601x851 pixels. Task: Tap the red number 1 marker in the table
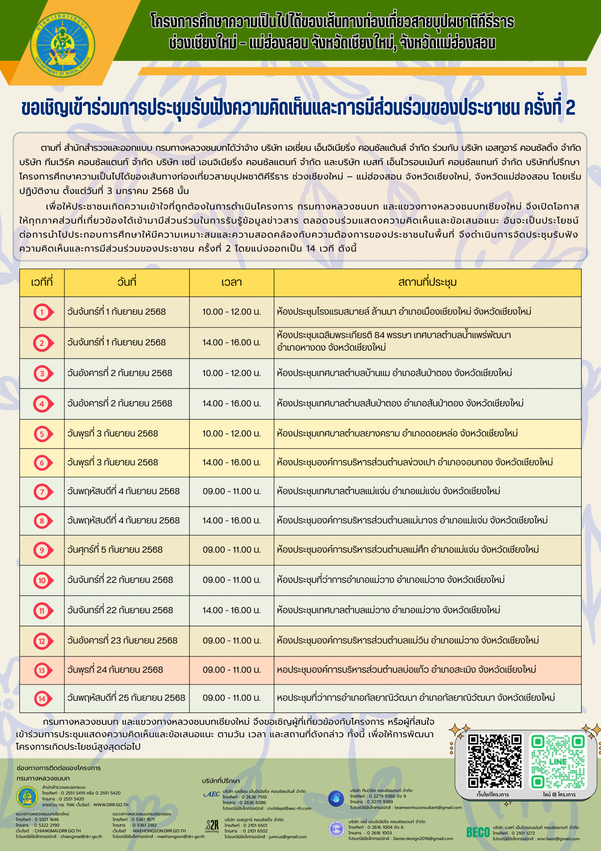[x=43, y=312]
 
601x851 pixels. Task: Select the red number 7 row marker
[x=43, y=491]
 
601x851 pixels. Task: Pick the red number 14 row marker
[x=43, y=698]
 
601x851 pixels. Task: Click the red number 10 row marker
[x=43, y=580]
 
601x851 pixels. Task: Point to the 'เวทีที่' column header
[x=42, y=282]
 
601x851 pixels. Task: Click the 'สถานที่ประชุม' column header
[x=427, y=282]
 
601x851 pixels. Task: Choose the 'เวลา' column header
[x=231, y=282]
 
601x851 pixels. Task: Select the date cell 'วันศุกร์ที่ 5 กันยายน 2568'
[x=115, y=550]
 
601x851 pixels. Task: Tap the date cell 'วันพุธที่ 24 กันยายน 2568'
[x=115, y=670]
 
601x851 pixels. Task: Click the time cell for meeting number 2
[x=231, y=342]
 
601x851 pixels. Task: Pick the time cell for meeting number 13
[x=231, y=670]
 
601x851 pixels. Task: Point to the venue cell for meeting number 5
[x=397, y=433]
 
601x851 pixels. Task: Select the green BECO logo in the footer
[x=478, y=832]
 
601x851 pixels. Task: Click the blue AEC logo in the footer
[x=212, y=794]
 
